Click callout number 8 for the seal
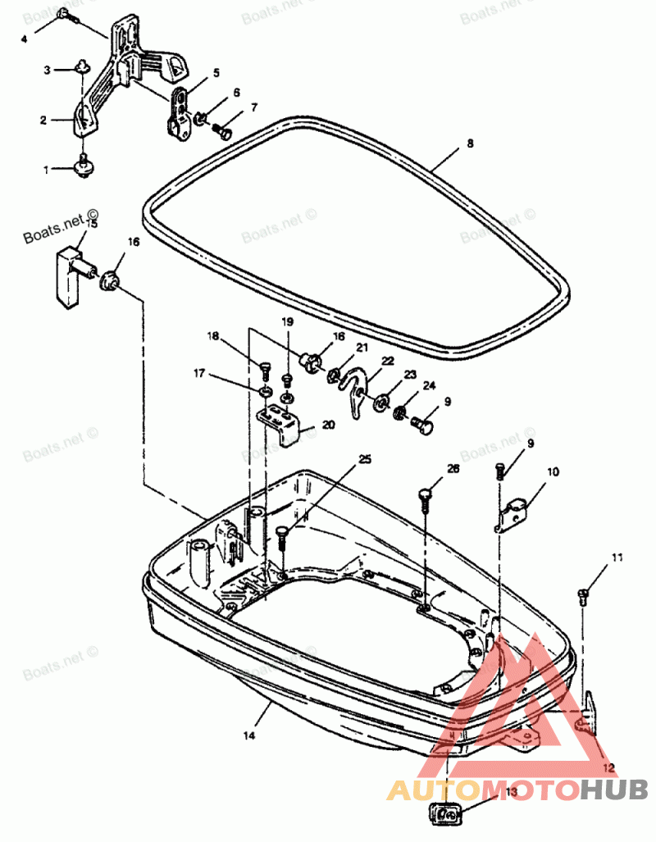click(470, 143)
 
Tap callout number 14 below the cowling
click(249, 735)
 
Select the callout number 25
click(365, 459)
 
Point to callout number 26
click(453, 469)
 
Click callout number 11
click(616, 558)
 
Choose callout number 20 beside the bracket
click(329, 425)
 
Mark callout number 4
click(24, 39)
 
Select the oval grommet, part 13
click(447, 815)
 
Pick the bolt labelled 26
click(425, 496)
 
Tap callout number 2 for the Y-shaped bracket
click(43, 121)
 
